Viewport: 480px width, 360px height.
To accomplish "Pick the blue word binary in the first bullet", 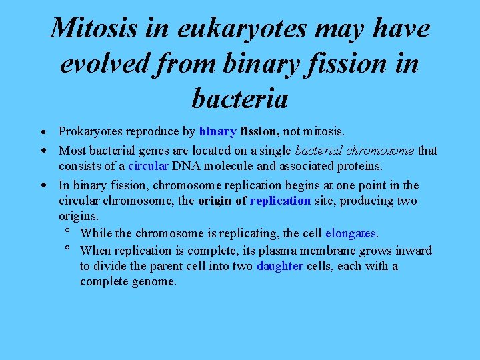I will [218, 132].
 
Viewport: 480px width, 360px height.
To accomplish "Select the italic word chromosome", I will [382, 151].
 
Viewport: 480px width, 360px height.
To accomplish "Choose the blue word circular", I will [148, 166].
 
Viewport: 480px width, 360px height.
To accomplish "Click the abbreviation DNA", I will [185, 166].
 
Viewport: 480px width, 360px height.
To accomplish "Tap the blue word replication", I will [280, 201].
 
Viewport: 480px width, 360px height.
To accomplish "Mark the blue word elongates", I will [351, 234].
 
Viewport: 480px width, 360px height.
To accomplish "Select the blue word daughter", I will [280, 267].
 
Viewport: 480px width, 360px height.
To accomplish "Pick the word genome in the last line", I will [155, 282].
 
